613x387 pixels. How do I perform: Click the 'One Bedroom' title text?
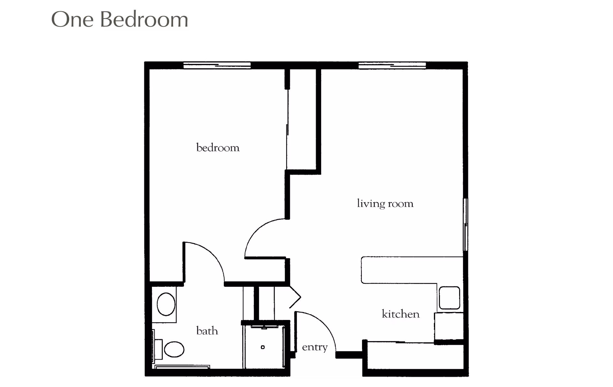[120, 20]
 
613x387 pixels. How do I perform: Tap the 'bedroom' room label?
[218, 148]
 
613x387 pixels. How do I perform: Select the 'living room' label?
[385, 203]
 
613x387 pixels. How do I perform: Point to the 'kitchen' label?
[400, 314]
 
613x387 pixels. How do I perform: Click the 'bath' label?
[207, 331]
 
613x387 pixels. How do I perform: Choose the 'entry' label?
[314, 347]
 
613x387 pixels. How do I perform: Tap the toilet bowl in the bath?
[174, 349]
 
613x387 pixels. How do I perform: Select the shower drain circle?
[263, 347]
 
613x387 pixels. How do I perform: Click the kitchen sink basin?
[450, 298]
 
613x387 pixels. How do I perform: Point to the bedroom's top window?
[217, 65]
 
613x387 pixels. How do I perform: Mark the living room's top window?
[392, 65]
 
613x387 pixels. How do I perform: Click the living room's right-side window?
[465, 224]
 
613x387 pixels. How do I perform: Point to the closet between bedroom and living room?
[302, 120]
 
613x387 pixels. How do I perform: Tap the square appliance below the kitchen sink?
[449, 326]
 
